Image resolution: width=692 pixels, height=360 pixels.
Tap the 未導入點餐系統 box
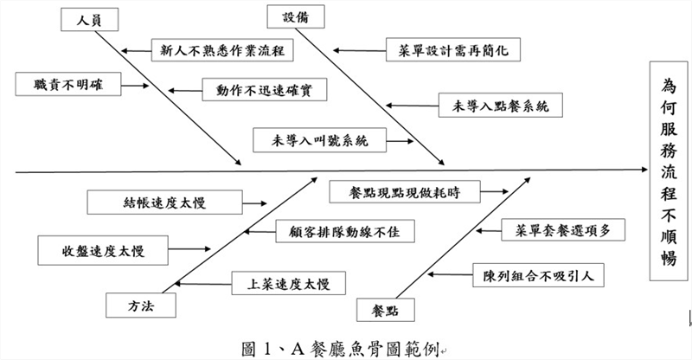(501, 106)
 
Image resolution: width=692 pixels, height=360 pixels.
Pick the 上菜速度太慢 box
(285, 282)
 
